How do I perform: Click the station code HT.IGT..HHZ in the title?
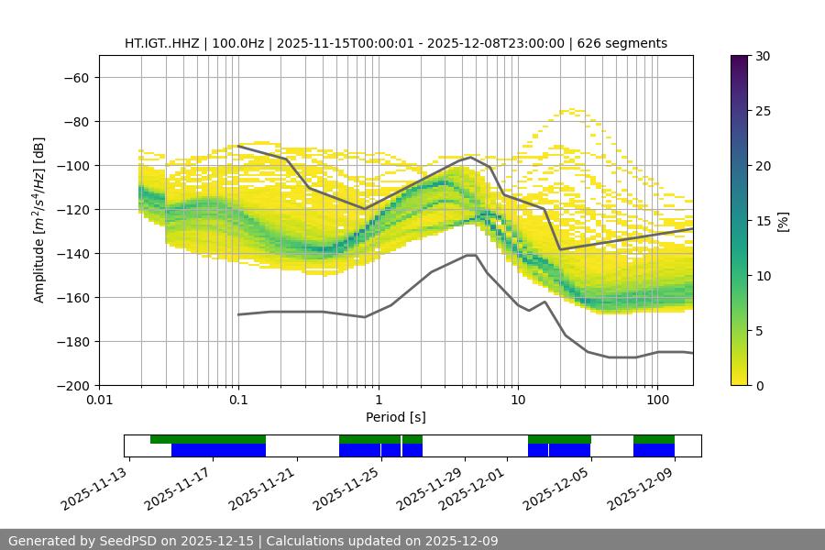(162, 43)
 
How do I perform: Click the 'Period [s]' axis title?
(395, 417)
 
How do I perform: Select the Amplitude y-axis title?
(38, 220)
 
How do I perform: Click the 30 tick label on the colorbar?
(762, 56)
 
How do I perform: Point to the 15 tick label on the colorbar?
(762, 221)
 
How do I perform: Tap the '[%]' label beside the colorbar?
(782, 220)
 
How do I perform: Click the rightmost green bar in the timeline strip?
(654, 439)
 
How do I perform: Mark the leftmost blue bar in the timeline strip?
(218, 450)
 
